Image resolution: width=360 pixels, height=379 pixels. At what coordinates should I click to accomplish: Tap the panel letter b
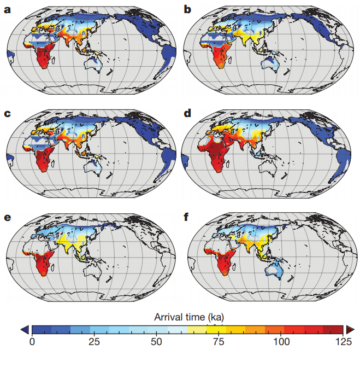(188, 10)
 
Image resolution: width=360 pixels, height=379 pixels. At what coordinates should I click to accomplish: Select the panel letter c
(8, 114)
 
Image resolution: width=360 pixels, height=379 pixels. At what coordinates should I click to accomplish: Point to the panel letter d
(188, 114)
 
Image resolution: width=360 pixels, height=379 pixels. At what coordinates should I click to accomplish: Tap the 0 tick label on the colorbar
(32, 342)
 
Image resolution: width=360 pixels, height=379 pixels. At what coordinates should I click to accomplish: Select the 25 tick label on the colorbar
(94, 342)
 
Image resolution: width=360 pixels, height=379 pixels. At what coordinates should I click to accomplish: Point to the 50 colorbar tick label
(156, 342)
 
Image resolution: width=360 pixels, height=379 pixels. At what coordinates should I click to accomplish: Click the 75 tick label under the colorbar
(219, 342)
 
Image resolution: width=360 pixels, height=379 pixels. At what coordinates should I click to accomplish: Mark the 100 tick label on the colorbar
(281, 342)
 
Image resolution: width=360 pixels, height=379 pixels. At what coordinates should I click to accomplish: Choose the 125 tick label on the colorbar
(343, 342)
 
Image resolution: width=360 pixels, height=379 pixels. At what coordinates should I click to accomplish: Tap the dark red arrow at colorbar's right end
(350, 329)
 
